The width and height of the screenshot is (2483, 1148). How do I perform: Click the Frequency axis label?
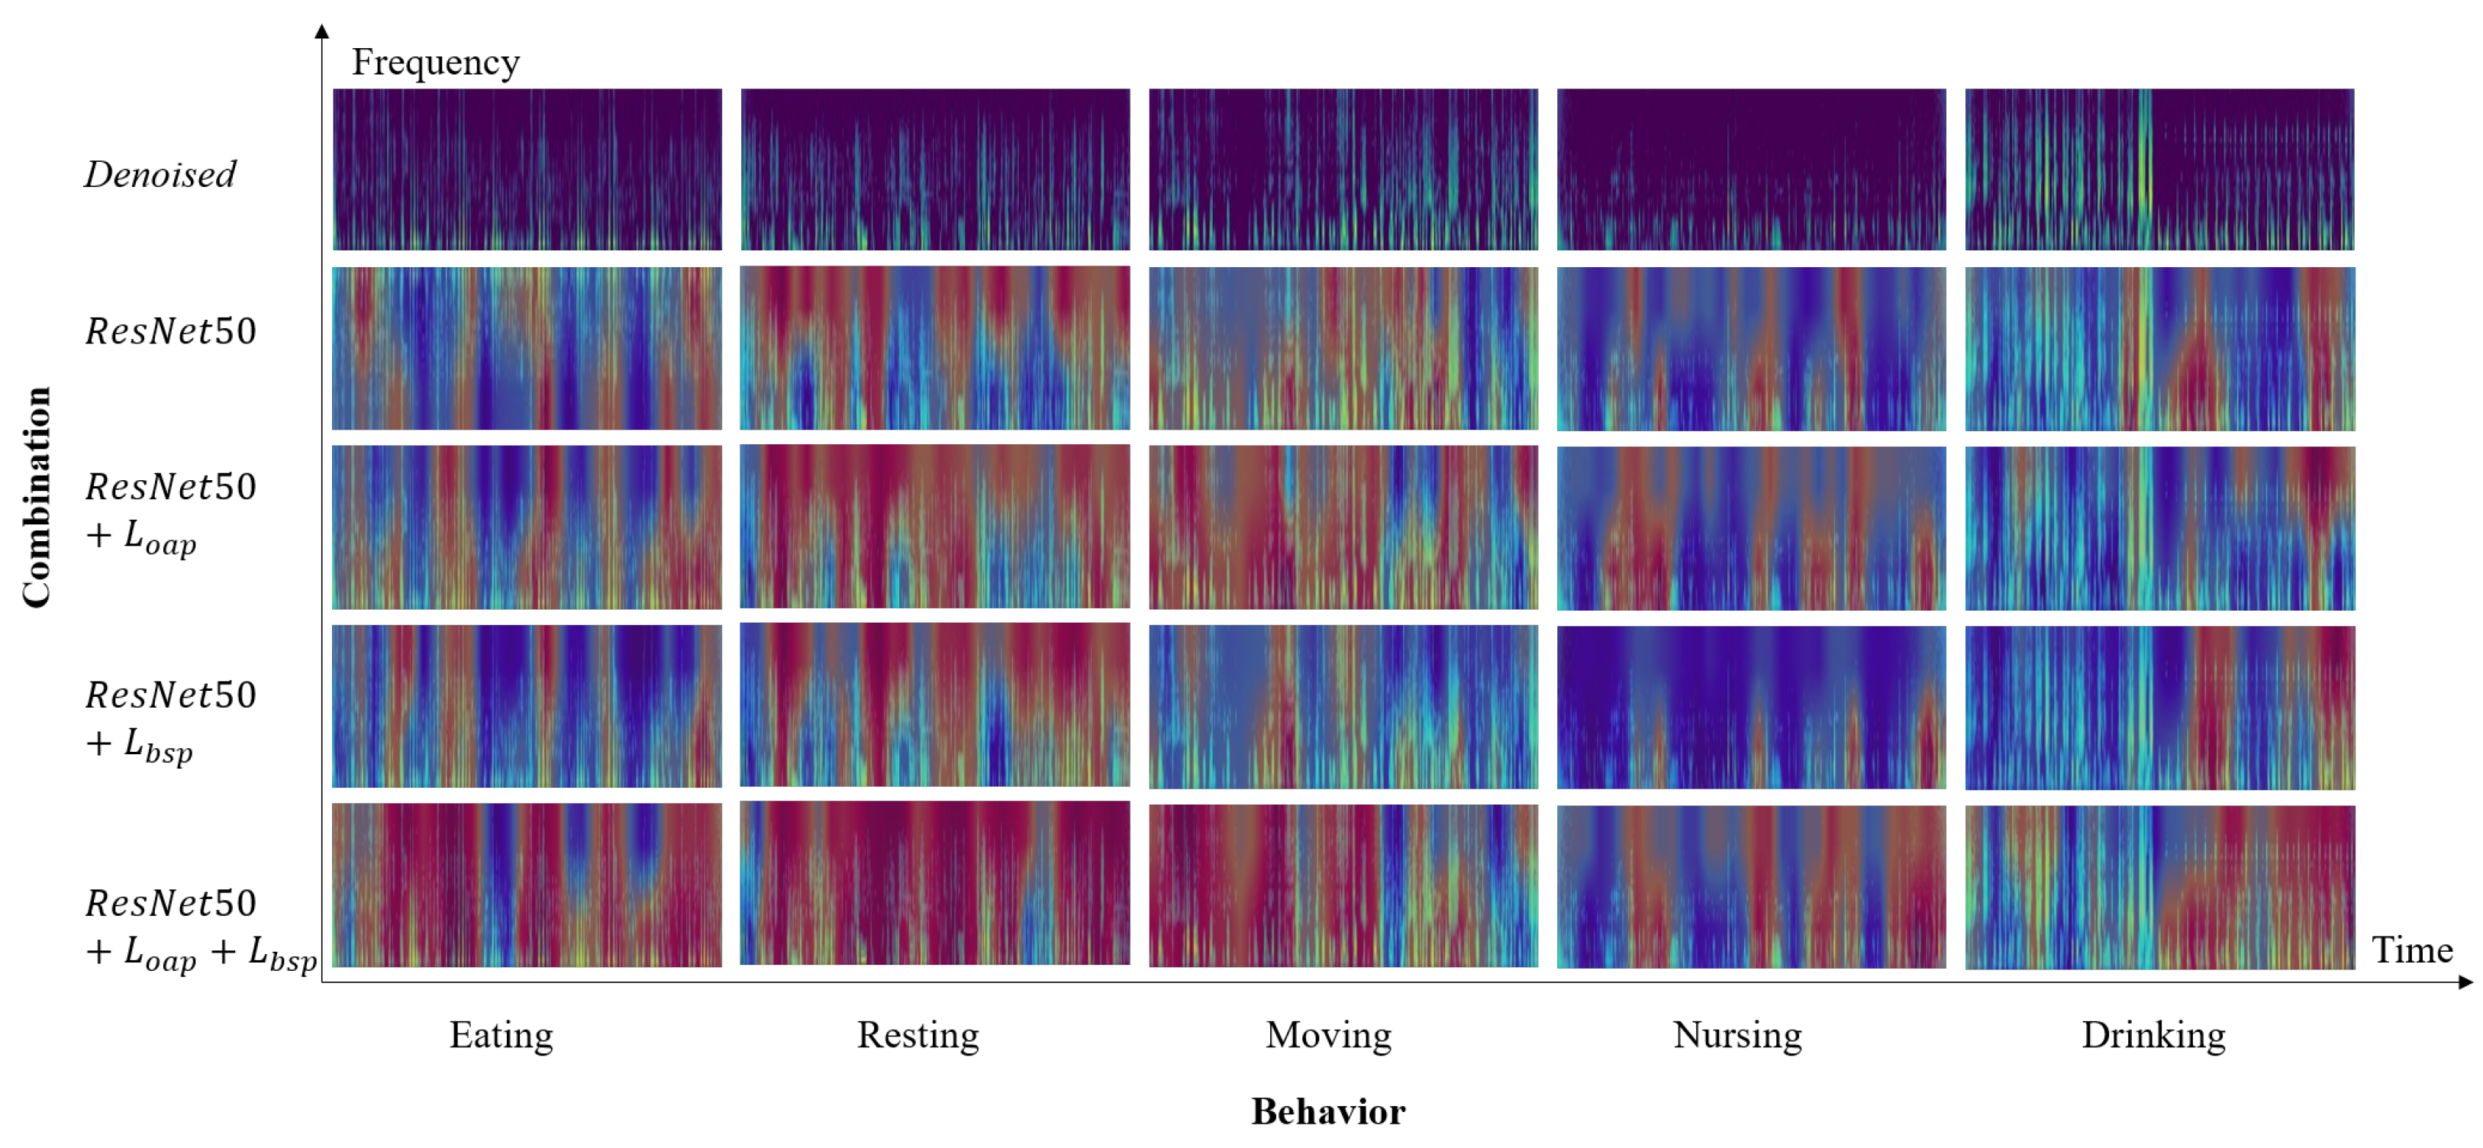[x=435, y=63]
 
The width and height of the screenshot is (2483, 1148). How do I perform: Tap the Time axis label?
[x=2412, y=950]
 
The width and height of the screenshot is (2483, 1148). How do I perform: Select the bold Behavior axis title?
[x=1327, y=1111]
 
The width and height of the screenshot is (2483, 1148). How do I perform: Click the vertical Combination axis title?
[x=37, y=498]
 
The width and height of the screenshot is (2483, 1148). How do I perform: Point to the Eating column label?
[x=501, y=1035]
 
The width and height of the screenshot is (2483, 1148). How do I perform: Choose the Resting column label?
[x=917, y=1035]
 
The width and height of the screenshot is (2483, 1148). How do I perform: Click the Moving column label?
[x=1328, y=1035]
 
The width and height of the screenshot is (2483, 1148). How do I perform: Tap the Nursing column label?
[x=1737, y=1035]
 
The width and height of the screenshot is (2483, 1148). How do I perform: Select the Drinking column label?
[x=2153, y=1035]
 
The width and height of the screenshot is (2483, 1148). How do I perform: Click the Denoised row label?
[x=160, y=175]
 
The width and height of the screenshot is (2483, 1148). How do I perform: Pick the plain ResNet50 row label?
[x=171, y=331]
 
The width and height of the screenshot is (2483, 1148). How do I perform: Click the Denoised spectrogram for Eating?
[x=526, y=169]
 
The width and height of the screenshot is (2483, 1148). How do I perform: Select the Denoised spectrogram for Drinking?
[x=2159, y=169]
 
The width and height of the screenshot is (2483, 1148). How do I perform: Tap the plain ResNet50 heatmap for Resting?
[x=935, y=348]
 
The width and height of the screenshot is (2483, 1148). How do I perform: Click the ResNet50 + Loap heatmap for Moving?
[x=1343, y=527]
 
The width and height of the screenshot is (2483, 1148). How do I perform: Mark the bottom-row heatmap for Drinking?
[x=2159, y=887]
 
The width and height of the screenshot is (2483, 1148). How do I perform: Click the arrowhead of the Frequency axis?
[x=322, y=31]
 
